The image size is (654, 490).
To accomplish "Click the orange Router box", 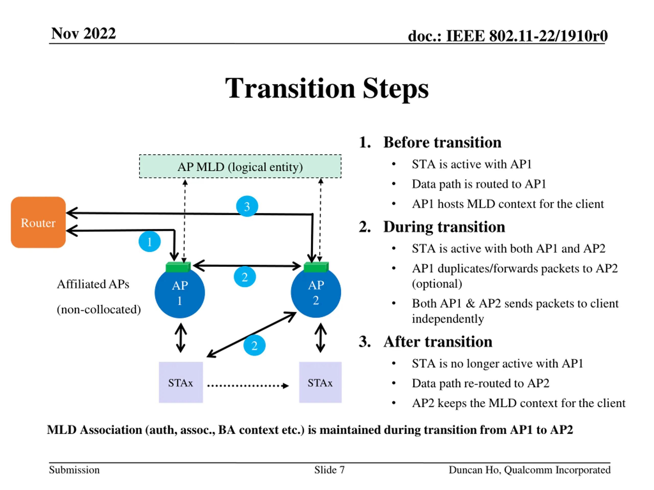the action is [38, 222].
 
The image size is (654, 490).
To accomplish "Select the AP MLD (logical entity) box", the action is [240, 166].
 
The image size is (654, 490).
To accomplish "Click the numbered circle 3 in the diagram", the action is [247, 206].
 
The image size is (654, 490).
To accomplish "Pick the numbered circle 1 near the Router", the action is [150, 241].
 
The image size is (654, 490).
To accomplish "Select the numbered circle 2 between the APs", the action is [245, 277].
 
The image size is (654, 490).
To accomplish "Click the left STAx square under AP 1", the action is [181, 382].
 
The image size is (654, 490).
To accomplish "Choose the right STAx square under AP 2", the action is [320, 382].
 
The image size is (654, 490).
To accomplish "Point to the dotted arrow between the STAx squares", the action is [248, 386].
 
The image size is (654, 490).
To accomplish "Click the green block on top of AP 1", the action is [178, 267].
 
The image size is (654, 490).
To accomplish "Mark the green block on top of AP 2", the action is [316, 267].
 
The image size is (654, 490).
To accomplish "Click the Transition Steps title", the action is [327, 88].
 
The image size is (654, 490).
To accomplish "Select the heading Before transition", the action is [442, 142].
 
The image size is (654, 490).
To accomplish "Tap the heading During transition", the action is [444, 227].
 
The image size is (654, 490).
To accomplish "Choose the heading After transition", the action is [438, 342].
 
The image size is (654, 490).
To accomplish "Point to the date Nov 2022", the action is [83, 33].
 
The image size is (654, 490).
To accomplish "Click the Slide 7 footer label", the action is [329, 470].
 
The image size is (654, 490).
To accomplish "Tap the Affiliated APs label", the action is [93, 284].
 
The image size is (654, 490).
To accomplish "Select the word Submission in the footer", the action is [74, 470].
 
